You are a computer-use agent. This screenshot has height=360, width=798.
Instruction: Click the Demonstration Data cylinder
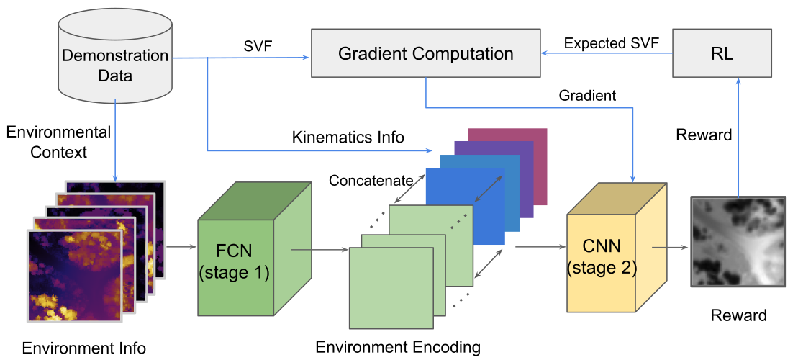click(114, 58)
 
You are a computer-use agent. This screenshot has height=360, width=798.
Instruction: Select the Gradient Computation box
click(426, 53)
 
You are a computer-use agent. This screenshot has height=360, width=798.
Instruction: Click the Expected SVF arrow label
click(611, 43)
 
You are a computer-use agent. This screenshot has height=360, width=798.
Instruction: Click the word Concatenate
click(371, 180)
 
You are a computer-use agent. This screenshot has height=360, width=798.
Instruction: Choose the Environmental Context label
click(58, 142)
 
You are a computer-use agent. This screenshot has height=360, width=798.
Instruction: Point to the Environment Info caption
click(84, 348)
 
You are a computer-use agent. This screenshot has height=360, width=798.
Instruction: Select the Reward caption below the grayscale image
click(739, 315)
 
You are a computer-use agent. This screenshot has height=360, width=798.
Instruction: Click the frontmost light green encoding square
click(391, 289)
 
